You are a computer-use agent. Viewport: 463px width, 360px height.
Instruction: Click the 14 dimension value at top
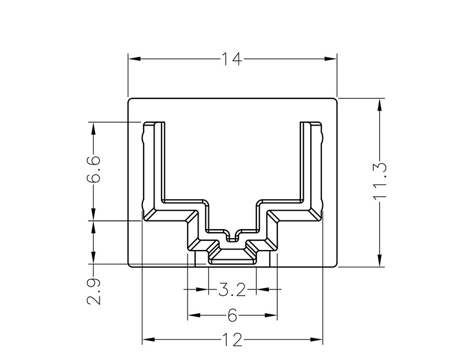[x=231, y=58]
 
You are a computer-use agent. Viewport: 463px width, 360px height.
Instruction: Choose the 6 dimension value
[x=232, y=315]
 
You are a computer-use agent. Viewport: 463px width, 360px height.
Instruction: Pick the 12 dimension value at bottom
[x=231, y=340]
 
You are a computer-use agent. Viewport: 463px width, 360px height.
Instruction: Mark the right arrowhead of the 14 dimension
[x=331, y=58]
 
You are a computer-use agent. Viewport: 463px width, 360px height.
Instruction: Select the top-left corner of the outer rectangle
[x=128, y=98]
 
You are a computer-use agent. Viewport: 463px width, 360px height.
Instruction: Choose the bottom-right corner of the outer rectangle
[x=336, y=267]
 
